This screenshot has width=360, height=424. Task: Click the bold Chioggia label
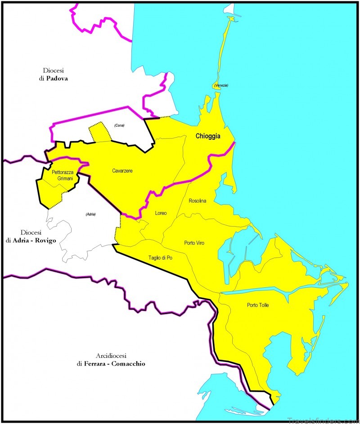click(207, 137)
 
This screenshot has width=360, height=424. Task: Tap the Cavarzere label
click(123, 171)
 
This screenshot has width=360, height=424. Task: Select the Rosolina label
click(197, 201)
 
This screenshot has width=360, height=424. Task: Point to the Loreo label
click(161, 213)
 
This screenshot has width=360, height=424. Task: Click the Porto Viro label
click(194, 243)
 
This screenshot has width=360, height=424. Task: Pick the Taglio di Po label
click(160, 258)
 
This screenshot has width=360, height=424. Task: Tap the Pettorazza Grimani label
click(62, 175)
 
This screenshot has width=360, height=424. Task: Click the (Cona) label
click(119, 125)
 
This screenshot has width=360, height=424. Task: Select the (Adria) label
click(90, 214)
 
